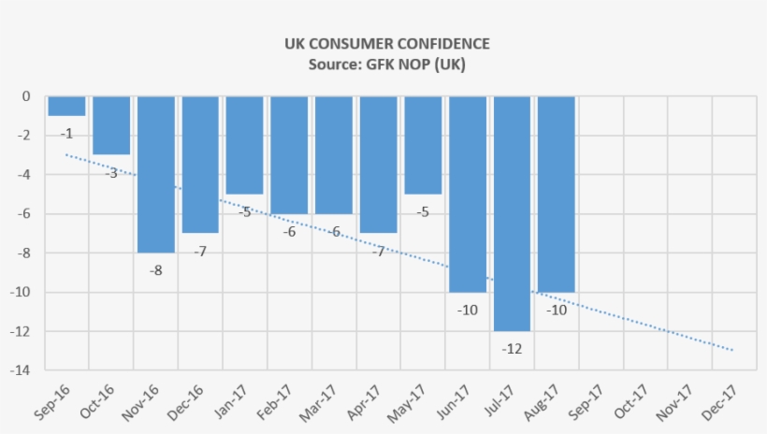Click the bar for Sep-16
(x=66, y=106)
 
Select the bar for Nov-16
(x=156, y=174)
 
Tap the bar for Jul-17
(x=512, y=213)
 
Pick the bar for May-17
(x=423, y=145)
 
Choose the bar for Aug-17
(x=556, y=194)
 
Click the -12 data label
(x=512, y=349)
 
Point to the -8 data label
(x=156, y=270)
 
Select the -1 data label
(x=66, y=133)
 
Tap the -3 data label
(x=111, y=173)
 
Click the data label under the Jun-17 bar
(x=467, y=310)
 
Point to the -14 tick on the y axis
(x=20, y=370)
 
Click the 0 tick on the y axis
(x=26, y=96)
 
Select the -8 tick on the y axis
(x=22, y=253)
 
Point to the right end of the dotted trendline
(x=732, y=350)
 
